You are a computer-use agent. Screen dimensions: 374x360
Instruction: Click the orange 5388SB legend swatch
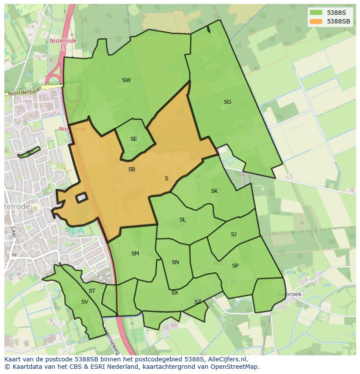316,21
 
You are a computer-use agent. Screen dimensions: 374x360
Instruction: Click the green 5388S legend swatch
316,13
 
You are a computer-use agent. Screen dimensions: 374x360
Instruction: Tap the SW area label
126,80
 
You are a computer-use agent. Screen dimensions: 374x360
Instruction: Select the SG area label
227,103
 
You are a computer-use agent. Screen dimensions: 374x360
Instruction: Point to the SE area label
133,139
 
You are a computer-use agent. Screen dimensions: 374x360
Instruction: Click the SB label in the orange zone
131,169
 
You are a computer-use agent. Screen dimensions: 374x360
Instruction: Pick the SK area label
214,191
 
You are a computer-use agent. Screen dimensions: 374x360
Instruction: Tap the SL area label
183,220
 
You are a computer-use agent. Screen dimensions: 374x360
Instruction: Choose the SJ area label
233,235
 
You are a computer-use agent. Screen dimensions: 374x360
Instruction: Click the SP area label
235,266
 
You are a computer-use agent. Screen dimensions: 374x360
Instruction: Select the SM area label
135,254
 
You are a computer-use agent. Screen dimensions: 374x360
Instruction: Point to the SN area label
175,262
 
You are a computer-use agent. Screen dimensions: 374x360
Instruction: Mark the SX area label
174,293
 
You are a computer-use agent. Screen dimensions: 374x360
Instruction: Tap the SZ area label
198,302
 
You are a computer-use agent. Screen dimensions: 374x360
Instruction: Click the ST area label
92,291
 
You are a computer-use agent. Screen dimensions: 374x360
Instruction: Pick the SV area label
84,302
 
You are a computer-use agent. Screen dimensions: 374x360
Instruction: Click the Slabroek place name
289,294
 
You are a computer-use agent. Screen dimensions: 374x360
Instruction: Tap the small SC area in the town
29,153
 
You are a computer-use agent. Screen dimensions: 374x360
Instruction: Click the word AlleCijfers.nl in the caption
226,359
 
